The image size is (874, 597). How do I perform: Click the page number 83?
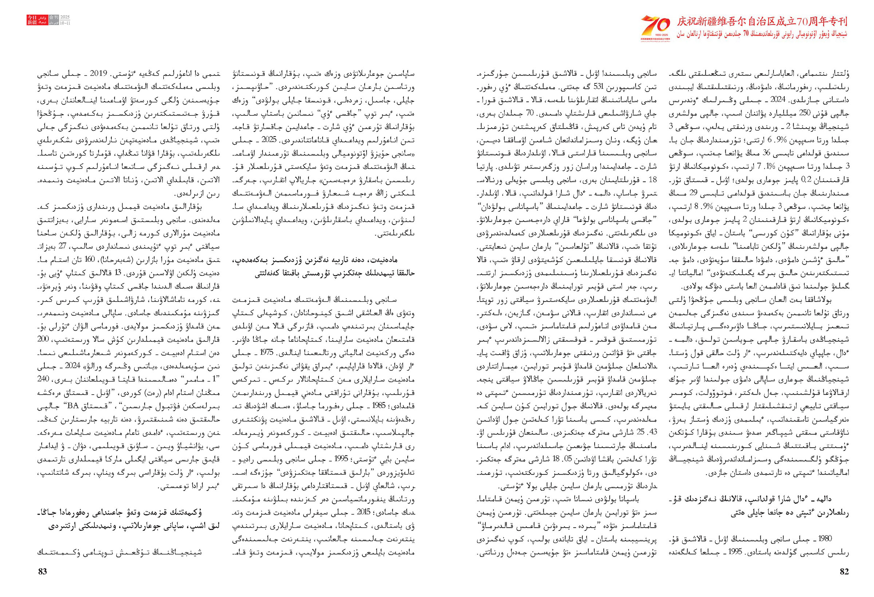point(43,572)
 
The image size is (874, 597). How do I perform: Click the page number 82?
point(844,572)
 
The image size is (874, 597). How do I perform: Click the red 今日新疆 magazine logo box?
point(32,20)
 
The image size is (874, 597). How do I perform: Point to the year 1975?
point(265,353)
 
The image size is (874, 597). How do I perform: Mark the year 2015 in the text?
point(364,512)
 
